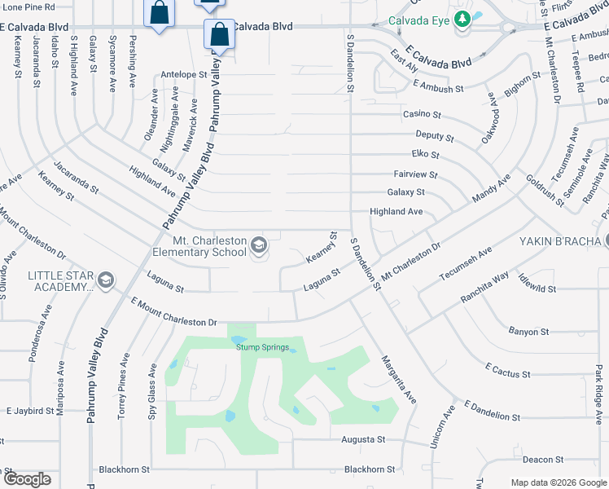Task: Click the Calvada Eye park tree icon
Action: (x=462, y=19)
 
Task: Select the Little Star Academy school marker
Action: (x=104, y=282)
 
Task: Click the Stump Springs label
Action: (x=262, y=347)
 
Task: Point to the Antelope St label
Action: (x=184, y=74)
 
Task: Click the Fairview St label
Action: (x=415, y=174)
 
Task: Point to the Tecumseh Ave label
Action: (x=467, y=263)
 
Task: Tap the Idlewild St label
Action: (x=535, y=289)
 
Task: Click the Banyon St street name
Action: (x=528, y=332)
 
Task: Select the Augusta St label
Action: (x=363, y=439)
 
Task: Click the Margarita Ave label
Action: (x=399, y=378)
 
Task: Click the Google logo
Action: (x=26, y=479)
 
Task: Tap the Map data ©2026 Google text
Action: (x=558, y=482)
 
